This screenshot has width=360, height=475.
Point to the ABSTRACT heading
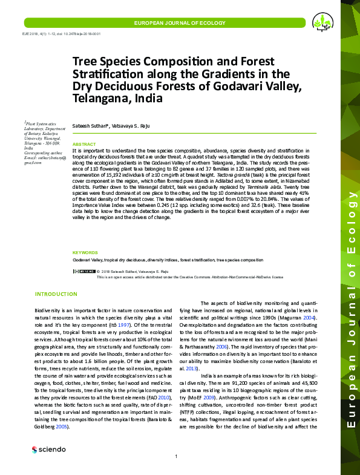click(x=84, y=145)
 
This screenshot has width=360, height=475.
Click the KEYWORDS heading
click(x=85, y=252)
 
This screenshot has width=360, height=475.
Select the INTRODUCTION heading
click(x=56, y=294)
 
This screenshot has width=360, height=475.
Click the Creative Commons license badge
click(x=83, y=271)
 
